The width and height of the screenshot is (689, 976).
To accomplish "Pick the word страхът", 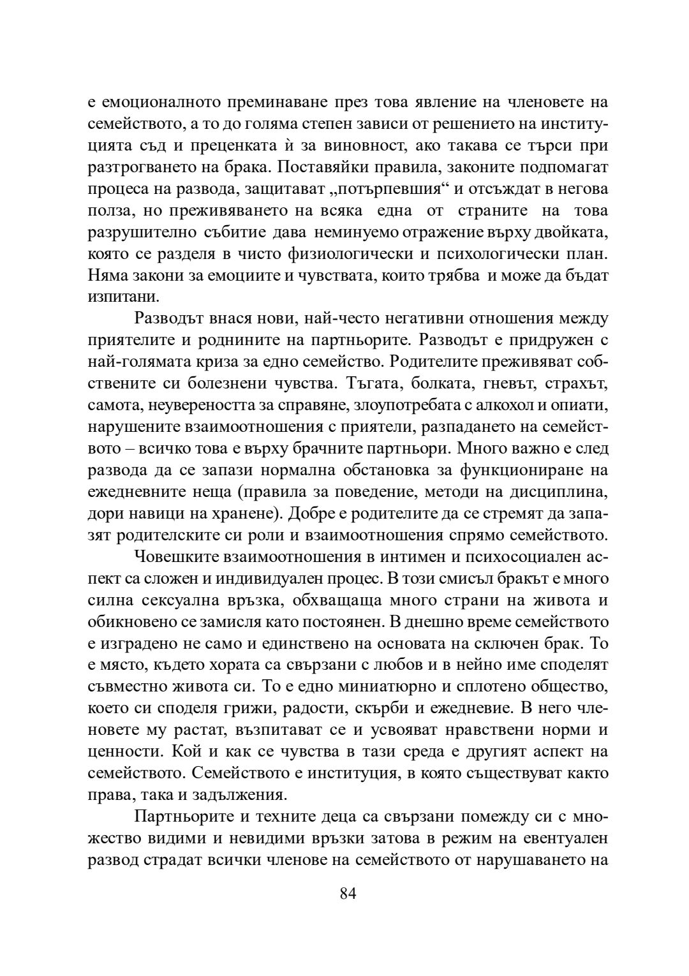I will tap(575, 384).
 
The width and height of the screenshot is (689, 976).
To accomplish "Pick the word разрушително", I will tap(137, 232).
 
